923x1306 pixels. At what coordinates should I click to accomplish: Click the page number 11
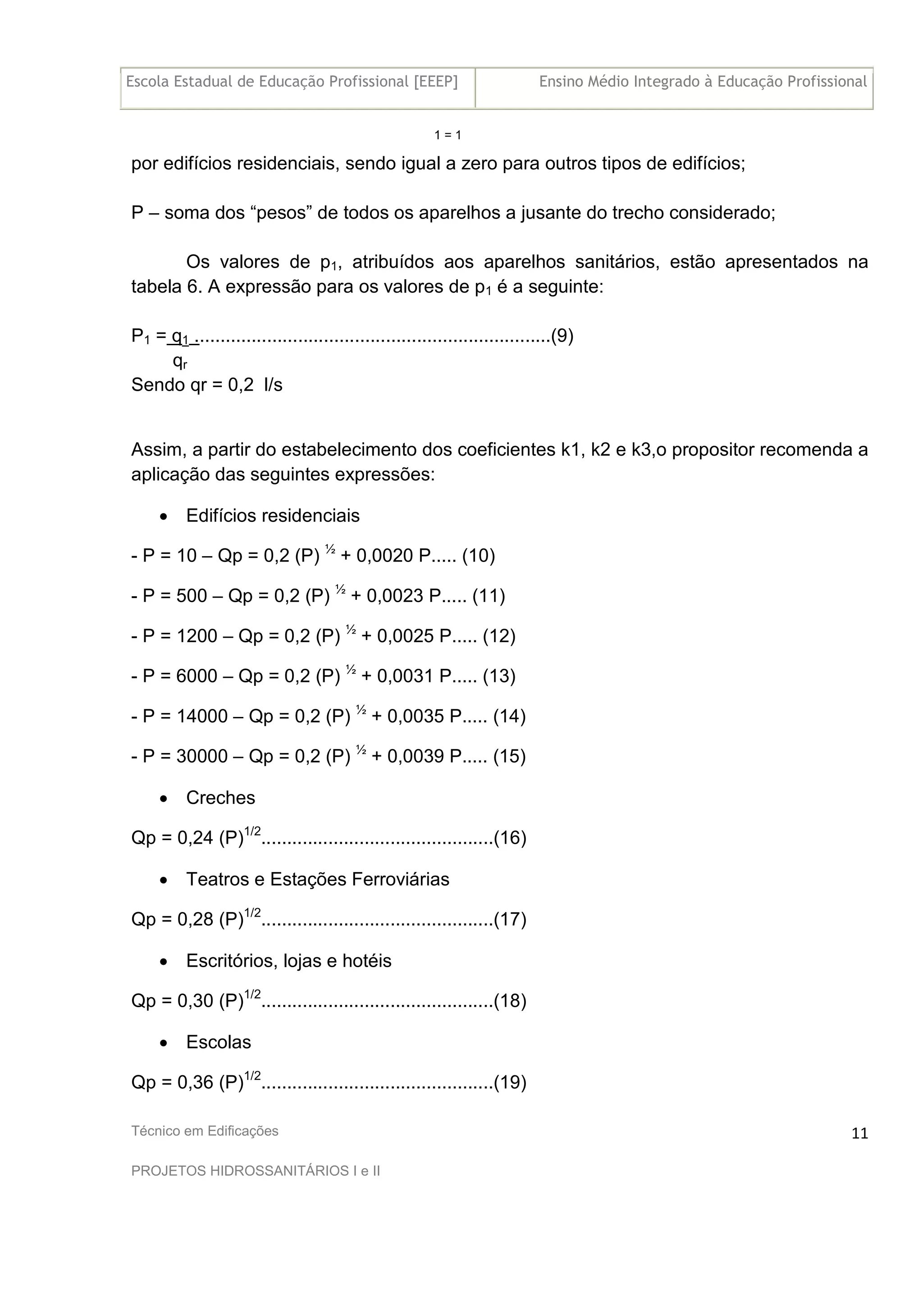coord(859,1145)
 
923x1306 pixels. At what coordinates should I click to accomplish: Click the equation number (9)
coord(562,336)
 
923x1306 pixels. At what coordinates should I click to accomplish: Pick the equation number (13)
coord(499,676)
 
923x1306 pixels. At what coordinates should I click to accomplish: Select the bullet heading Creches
coord(221,798)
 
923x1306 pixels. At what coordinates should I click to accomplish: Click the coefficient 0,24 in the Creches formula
coord(195,838)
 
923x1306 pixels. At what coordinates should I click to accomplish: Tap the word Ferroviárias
coord(400,879)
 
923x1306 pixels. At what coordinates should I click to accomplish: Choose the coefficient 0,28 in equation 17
coord(195,919)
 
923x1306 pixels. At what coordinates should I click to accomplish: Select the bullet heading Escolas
coord(219,1042)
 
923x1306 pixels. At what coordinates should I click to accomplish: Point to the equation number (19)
coord(510,1082)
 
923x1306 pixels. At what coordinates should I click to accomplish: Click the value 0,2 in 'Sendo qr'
coord(241,385)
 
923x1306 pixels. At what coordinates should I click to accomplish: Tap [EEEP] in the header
coord(436,82)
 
